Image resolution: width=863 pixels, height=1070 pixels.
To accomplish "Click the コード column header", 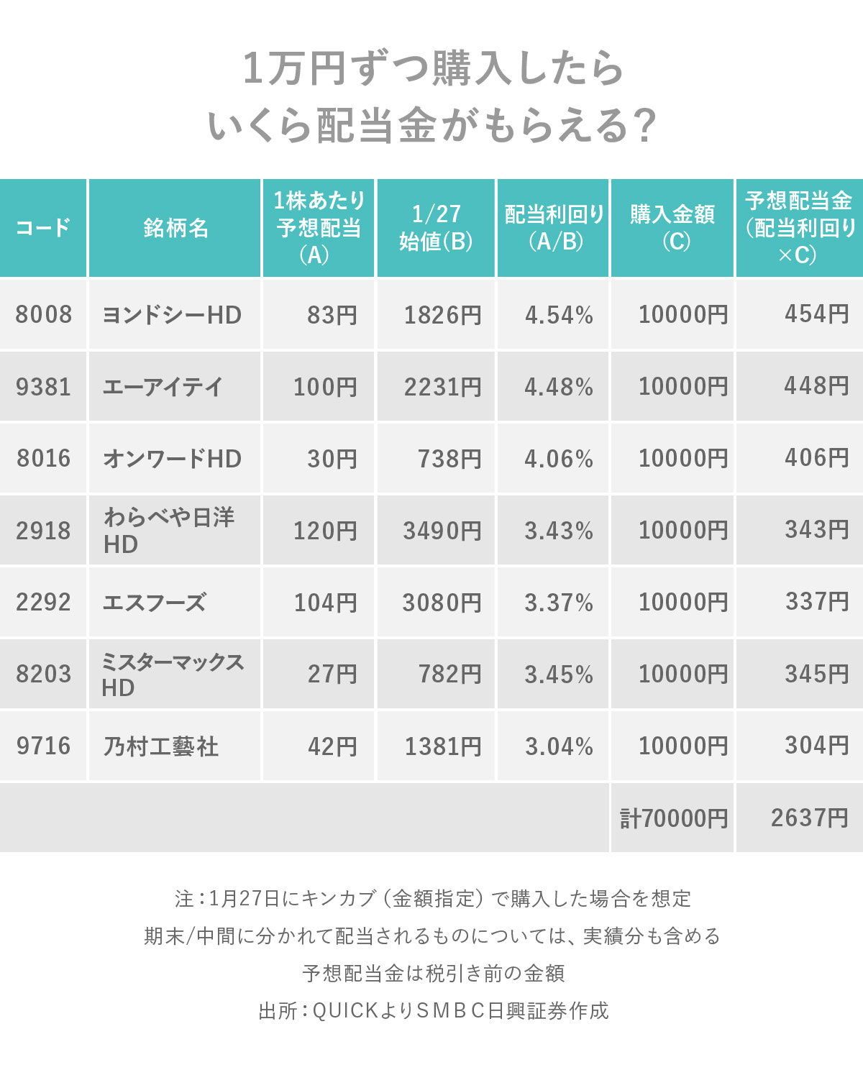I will point(43,228).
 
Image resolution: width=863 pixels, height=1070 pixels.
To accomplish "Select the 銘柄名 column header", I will point(175,228).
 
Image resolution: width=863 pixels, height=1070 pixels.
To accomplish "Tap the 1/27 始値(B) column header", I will point(436,228).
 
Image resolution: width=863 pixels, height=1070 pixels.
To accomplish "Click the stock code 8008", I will point(44,315).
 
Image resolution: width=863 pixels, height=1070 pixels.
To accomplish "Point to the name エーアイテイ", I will point(163,387).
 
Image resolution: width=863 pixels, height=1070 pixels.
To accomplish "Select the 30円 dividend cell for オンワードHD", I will point(332,459).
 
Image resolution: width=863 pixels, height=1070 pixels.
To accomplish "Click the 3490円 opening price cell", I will point(442,531).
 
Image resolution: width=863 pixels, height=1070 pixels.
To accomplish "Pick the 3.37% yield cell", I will point(559,603).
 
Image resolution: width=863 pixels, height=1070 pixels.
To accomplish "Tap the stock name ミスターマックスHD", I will point(172,674).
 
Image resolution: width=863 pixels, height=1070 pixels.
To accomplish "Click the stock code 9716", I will point(44,746).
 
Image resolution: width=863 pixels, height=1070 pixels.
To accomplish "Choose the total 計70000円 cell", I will point(674,818).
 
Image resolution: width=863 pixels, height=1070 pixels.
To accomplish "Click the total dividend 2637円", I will point(809,818).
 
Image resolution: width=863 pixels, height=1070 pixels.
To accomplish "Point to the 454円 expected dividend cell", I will point(816,314).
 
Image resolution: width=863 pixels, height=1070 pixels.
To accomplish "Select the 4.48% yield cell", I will point(559,387).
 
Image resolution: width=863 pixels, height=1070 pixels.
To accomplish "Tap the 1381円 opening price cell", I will point(442,746).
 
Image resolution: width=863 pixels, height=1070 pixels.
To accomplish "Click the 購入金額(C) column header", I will point(672,228).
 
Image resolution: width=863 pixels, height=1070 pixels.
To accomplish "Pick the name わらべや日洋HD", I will point(169,530).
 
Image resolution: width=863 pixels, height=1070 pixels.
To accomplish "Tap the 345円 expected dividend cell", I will point(816,674).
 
